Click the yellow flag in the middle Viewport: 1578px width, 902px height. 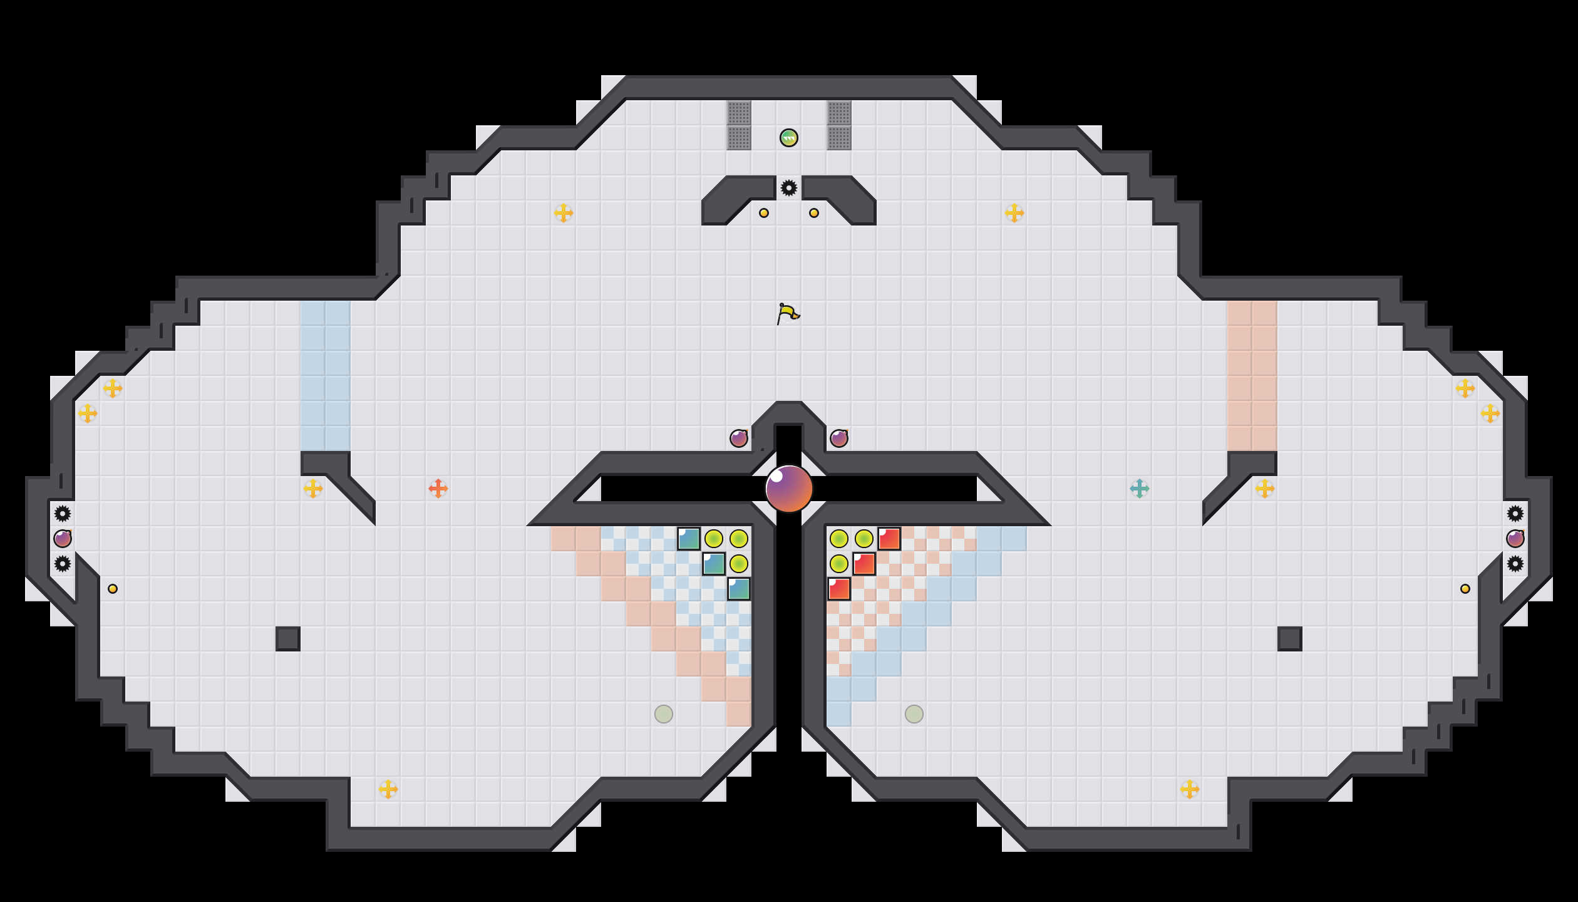coord(788,313)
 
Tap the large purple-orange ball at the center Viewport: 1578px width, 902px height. coord(789,489)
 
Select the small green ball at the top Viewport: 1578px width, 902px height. coord(789,138)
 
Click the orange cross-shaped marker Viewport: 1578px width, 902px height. coord(438,489)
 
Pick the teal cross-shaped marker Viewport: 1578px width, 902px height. coord(1140,489)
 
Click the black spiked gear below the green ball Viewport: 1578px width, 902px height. coord(789,188)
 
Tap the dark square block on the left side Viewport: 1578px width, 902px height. coord(288,639)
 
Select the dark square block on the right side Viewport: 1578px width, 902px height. coord(1290,639)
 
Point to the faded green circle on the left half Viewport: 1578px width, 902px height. coord(664,714)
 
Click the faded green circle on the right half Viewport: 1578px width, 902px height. coord(914,714)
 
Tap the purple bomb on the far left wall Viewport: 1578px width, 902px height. coord(63,539)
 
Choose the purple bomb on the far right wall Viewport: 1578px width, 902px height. coord(1515,539)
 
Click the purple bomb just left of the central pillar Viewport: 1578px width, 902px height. coord(739,438)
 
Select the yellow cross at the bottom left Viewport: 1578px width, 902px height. coord(388,789)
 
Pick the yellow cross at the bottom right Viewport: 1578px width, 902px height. coord(1190,789)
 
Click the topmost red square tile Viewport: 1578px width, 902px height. coord(889,539)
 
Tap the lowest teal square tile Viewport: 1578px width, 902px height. coord(739,589)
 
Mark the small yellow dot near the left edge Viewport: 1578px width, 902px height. coord(113,589)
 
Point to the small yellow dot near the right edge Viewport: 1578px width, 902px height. coord(1465,589)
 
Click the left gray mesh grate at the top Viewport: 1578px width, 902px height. coord(739,125)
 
